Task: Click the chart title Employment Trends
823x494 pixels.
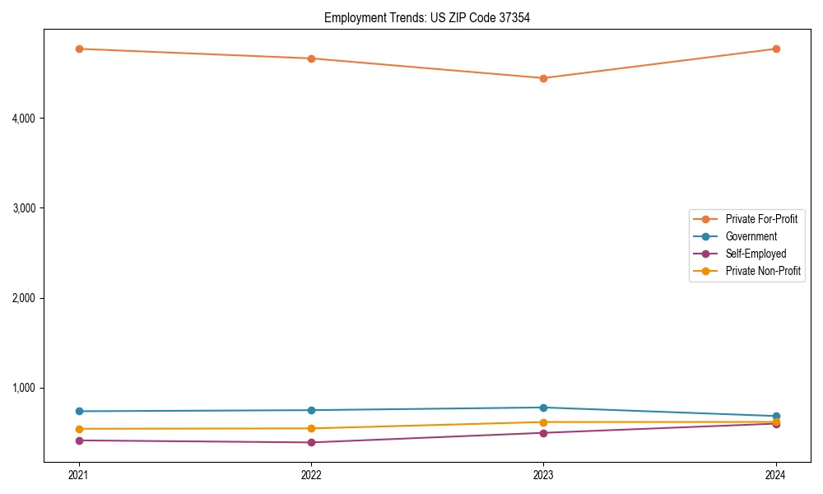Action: (x=426, y=17)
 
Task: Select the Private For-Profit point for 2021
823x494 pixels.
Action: (x=79, y=49)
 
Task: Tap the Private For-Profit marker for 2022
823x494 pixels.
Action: (x=311, y=58)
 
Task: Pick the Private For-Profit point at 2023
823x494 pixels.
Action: (x=543, y=78)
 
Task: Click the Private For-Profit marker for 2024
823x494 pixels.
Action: (x=776, y=49)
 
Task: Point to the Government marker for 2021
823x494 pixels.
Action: (x=79, y=412)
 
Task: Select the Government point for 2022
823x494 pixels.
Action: (x=311, y=410)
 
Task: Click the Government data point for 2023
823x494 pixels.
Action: (x=543, y=408)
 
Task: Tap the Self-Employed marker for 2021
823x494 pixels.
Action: (x=79, y=440)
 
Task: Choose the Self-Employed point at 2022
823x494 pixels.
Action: (x=311, y=442)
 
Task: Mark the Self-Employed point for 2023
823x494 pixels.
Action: (x=543, y=433)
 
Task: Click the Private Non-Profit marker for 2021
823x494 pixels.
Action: (x=79, y=429)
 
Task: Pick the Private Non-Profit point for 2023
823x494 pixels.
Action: (x=543, y=422)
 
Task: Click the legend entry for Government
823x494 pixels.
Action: (x=751, y=236)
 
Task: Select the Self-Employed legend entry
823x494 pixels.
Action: (x=756, y=254)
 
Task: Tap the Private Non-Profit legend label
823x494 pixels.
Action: (x=763, y=271)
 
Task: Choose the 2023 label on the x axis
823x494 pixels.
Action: (x=543, y=475)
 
